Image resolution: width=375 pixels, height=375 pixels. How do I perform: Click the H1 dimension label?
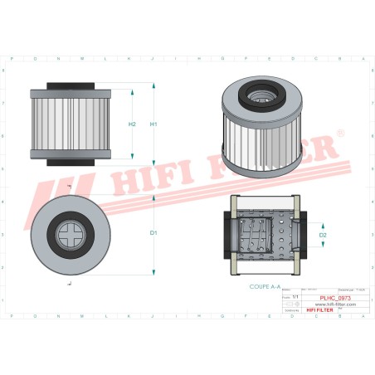click(x=153, y=124)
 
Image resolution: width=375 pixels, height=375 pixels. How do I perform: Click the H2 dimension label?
click(x=132, y=124)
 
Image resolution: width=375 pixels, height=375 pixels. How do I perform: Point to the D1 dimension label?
click(x=153, y=233)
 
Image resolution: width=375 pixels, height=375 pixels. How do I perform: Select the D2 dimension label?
click(x=324, y=236)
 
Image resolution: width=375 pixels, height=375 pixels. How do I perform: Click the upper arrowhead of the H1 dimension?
click(x=155, y=85)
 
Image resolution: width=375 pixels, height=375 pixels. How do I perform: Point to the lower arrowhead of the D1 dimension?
click(x=155, y=272)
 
